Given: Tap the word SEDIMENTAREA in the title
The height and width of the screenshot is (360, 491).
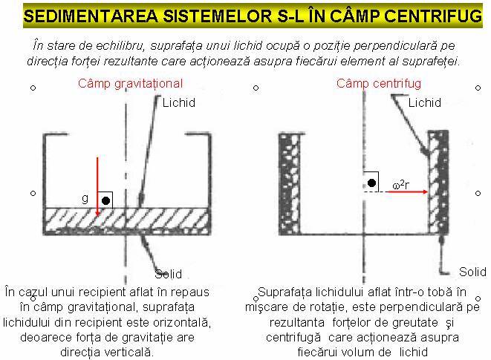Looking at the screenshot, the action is pyautogui.click(x=91, y=16).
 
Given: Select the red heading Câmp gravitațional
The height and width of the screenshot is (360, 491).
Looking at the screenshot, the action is pyautogui.click(x=130, y=84).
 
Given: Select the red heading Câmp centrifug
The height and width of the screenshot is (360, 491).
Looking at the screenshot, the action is pyautogui.click(x=379, y=84).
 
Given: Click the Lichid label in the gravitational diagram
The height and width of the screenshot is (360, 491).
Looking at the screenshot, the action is pyautogui.click(x=179, y=102).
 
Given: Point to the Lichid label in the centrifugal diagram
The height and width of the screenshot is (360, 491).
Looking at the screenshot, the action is pyautogui.click(x=425, y=102).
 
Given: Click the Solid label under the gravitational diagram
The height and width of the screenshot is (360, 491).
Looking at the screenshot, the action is pyautogui.click(x=168, y=274).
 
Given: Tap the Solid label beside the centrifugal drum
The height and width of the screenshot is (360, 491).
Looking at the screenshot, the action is pyautogui.click(x=472, y=272).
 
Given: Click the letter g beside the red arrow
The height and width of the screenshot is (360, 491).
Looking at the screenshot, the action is pyautogui.click(x=85, y=199).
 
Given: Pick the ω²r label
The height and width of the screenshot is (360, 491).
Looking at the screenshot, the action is pyautogui.click(x=400, y=185).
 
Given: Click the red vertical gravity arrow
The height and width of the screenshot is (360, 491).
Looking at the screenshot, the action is pyautogui.click(x=97, y=186).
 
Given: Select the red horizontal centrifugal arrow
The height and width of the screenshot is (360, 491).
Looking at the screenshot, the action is pyautogui.click(x=408, y=192).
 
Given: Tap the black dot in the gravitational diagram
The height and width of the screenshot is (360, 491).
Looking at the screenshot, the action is pyautogui.click(x=105, y=200).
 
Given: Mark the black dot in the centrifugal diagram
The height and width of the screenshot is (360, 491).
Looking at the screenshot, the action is pyautogui.click(x=371, y=183).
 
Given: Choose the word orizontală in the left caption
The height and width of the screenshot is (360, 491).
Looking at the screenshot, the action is pyautogui.click(x=180, y=322).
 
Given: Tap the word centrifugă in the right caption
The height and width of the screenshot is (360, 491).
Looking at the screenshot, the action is pyautogui.click(x=293, y=338).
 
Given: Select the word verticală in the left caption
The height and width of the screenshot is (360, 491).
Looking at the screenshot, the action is pyautogui.click(x=129, y=353).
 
